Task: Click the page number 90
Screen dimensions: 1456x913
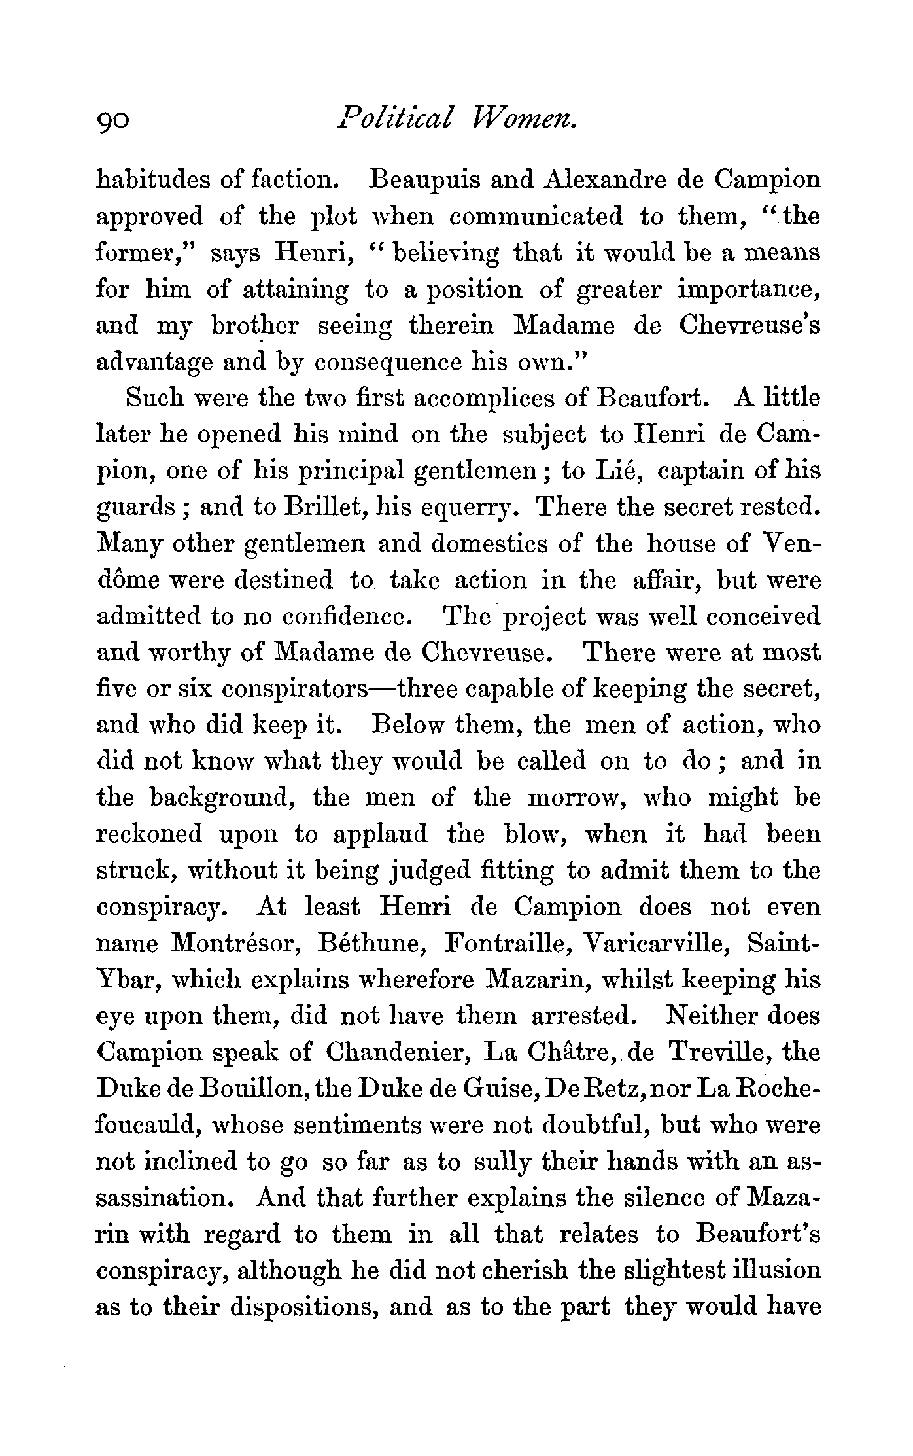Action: pos(113,120)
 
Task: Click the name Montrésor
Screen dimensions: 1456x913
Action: pos(232,944)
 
